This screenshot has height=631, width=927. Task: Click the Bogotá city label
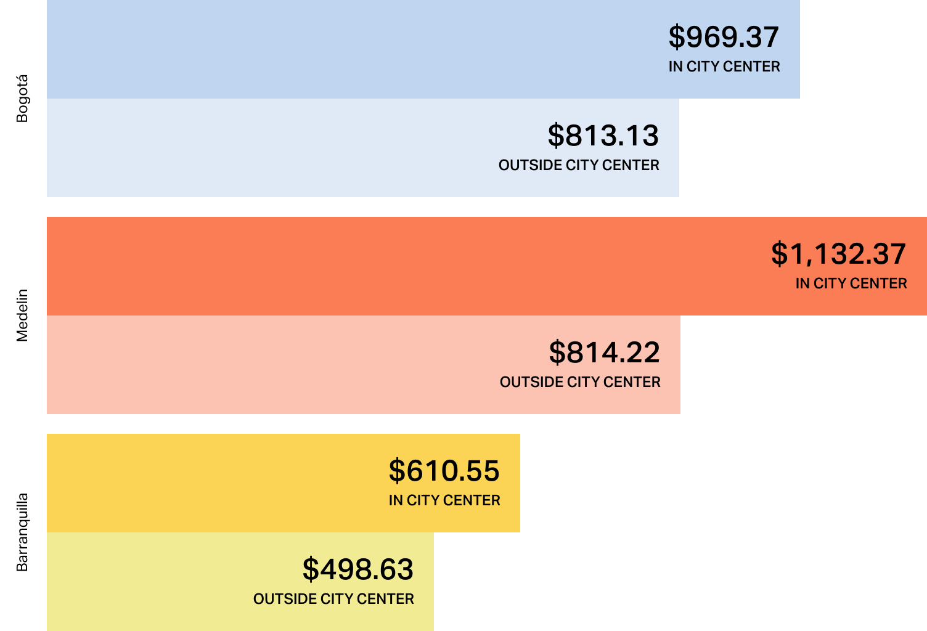(x=22, y=99)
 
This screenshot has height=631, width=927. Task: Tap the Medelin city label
(x=22, y=315)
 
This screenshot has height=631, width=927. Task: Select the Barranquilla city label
(x=22, y=532)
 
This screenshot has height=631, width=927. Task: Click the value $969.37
(x=724, y=37)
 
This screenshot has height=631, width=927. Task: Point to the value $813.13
(x=603, y=136)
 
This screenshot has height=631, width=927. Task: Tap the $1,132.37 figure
(x=838, y=254)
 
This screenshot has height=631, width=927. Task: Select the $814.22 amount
(x=604, y=352)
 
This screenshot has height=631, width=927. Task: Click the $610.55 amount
(x=444, y=471)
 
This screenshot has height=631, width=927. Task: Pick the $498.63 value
(x=357, y=569)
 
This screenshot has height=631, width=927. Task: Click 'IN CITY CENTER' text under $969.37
(x=724, y=67)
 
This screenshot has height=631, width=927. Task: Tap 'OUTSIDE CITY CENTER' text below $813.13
(x=579, y=165)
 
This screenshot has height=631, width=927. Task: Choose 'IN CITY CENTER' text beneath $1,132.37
(x=851, y=283)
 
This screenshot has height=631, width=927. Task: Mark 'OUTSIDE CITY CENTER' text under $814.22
(x=580, y=382)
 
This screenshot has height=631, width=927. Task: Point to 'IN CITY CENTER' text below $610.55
(x=444, y=500)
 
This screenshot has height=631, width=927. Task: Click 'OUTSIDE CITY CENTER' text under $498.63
(x=333, y=599)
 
